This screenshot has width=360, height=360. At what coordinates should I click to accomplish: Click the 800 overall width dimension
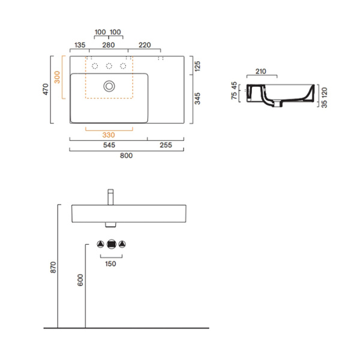pos(126,155)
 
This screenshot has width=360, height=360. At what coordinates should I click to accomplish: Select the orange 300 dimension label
pos(57,77)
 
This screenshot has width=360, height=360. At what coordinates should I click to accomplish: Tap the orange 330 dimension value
pos(109,135)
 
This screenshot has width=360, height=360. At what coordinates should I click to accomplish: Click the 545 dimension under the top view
pos(109,145)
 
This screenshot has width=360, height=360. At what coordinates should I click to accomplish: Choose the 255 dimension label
pos(165,145)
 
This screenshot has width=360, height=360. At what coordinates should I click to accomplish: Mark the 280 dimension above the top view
pos(109,45)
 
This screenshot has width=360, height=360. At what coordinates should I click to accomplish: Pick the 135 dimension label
pos(79,45)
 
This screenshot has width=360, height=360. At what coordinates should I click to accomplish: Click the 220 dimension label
pos(144,45)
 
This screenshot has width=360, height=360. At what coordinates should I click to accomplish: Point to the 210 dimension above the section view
pos(260,72)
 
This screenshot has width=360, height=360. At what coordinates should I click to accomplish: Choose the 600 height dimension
pos(80,280)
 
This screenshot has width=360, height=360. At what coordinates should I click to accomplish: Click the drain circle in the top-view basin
pos(109,86)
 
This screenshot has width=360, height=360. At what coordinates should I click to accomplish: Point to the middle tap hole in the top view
pos(109,65)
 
